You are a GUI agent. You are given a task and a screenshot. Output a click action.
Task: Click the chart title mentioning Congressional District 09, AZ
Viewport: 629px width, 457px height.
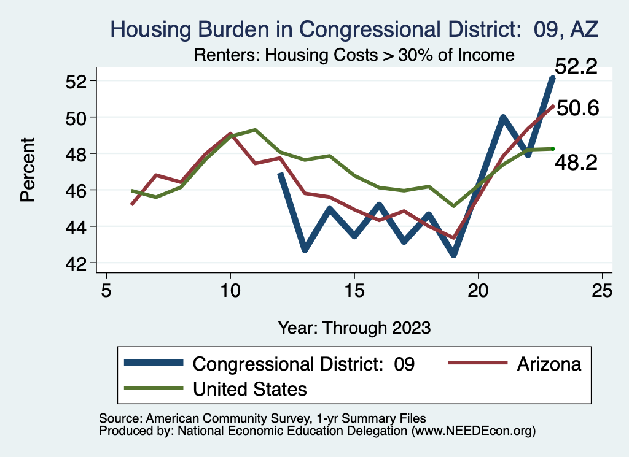click(353, 29)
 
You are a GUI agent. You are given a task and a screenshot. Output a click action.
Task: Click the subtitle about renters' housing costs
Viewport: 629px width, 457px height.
click(354, 55)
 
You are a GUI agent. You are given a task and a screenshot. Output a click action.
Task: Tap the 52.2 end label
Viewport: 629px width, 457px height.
click(576, 67)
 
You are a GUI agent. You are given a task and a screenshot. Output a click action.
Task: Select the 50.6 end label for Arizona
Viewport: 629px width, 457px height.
click(577, 109)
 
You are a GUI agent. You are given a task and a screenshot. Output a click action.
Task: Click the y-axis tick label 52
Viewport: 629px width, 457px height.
click(79, 81)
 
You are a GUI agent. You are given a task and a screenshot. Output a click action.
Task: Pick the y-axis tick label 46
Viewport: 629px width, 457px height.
click(79, 190)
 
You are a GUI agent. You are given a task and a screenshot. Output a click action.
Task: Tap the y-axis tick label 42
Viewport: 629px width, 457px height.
click(79, 263)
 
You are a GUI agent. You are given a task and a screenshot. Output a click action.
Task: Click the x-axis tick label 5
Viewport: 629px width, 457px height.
click(106, 290)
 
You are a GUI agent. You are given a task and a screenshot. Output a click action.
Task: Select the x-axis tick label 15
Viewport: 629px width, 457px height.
click(354, 290)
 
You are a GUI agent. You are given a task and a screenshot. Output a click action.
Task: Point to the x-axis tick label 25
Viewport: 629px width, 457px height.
click(602, 290)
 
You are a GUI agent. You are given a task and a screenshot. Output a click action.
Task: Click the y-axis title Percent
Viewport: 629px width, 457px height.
click(28, 172)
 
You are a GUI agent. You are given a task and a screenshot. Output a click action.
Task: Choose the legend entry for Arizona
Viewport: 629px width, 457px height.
click(549, 364)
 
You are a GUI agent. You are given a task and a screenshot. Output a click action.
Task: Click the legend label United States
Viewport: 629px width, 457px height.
click(249, 389)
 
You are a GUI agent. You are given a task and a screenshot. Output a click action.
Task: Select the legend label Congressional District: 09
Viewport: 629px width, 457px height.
click(303, 364)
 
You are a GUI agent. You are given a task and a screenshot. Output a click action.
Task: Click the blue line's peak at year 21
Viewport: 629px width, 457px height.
click(503, 117)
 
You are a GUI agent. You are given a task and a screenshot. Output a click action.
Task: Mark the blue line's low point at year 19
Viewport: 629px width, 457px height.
click(453, 255)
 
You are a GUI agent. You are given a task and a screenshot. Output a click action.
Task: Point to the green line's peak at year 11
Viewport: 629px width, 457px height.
click(255, 130)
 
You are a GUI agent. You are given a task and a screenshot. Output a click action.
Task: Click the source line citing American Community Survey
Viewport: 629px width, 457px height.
click(262, 418)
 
